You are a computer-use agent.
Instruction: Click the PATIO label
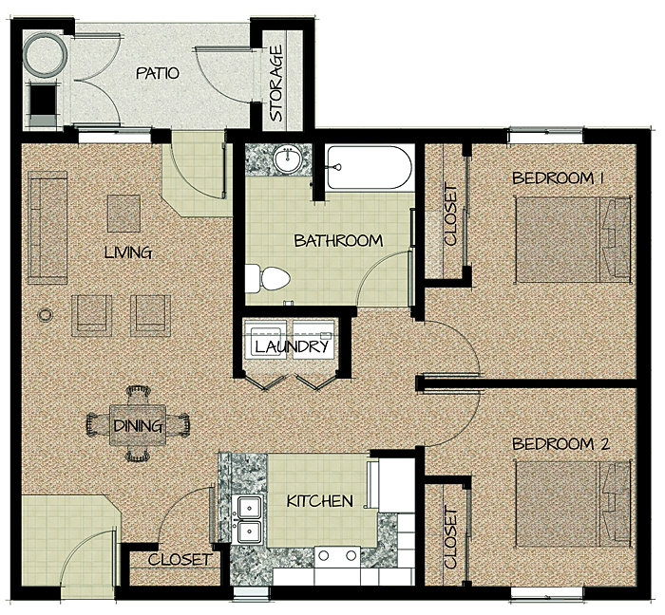coord(158,73)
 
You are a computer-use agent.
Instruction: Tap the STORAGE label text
coord(276,84)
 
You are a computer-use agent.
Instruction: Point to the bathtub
coord(369,168)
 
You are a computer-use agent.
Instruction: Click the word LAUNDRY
coord(292,347)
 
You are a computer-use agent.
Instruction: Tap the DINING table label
coord(139,426)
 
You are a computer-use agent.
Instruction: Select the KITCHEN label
coord(320,501)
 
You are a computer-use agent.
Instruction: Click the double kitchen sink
coord(249,519)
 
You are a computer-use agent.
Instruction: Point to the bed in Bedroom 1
coord(574,239)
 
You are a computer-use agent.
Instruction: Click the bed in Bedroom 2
coord(574,504)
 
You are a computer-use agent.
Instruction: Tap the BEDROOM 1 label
coord(559,177)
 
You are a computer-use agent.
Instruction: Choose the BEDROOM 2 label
coord(560,444)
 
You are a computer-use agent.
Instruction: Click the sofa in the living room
coord(47,228)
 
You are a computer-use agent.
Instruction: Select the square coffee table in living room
coord(123,214)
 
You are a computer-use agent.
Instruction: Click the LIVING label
coord(128,252)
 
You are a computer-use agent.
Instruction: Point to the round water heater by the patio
coord(46,55)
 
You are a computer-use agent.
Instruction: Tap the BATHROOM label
coord(338,241)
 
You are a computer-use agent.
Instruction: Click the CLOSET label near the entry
coord(179,560)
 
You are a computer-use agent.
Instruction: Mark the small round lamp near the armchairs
coord(46,315)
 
